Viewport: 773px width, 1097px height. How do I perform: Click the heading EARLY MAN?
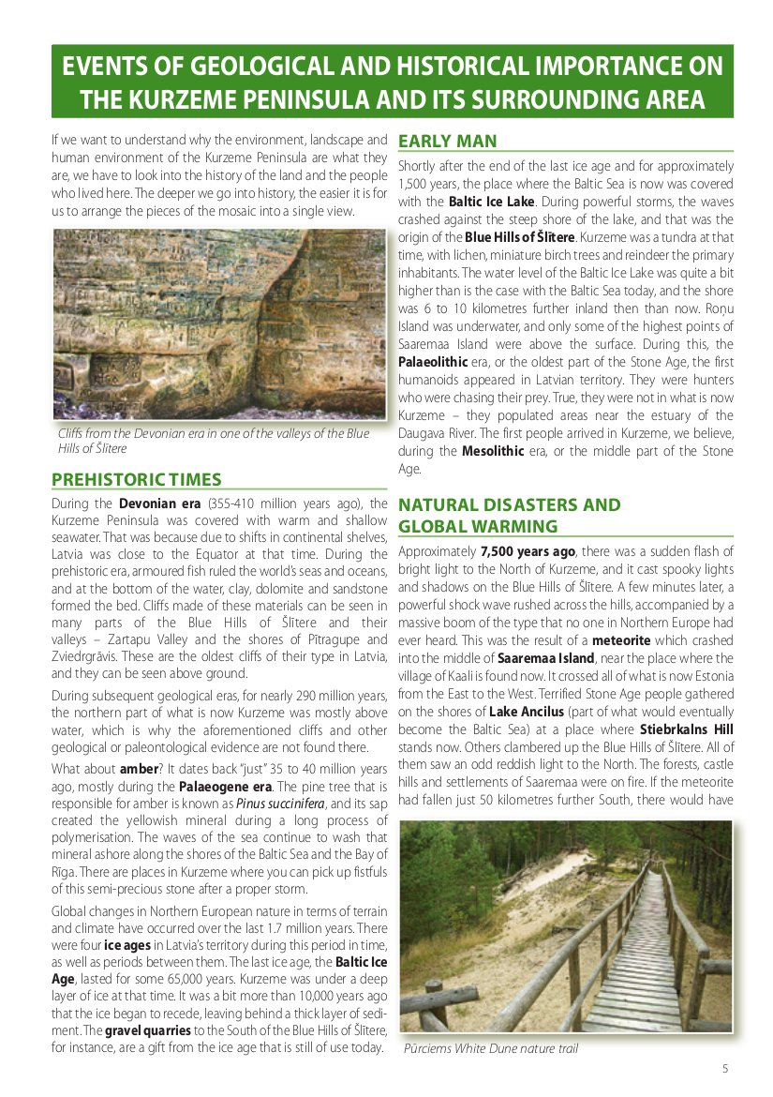coord(448,142)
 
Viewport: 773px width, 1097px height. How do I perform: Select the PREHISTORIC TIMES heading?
coord(137,480)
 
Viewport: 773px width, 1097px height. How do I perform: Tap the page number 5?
coord(725,1068)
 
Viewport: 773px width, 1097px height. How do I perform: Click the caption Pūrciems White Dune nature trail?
coord(490,1048)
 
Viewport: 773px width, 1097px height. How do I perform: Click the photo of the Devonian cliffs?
coord(219,323)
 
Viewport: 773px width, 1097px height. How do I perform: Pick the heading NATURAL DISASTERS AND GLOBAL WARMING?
coord(509,516)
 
